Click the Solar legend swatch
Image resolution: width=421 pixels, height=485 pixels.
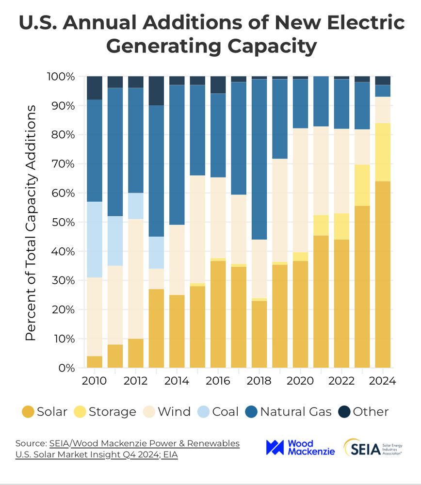click(28, 412)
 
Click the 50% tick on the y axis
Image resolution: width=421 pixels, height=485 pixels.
click(61, 222)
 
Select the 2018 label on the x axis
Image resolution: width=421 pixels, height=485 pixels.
click(259, 381)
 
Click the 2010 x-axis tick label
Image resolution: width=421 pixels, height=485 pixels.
click(94, 381)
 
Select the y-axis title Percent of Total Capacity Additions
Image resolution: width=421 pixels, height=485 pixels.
click(31, 222)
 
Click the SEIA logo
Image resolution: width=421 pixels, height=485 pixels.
click(372, 447)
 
